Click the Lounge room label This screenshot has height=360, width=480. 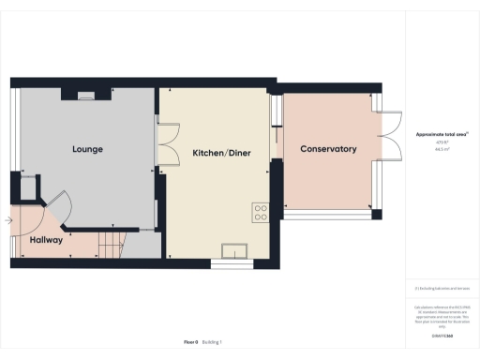coord(87,149)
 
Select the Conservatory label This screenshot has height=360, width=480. coord(328,149)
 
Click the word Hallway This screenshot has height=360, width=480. coord(46,241)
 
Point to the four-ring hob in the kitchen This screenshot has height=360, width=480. coord(260,212)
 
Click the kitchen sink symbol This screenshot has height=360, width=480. coord(232,249)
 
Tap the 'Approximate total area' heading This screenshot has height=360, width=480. coord(441,135)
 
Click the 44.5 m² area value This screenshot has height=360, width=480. coord(441,148)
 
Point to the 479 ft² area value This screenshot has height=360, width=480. coord(441,142)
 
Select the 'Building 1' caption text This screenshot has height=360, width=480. coord(214,342)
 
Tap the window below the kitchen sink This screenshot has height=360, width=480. coord(232,263)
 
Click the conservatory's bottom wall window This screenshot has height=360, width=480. coord(329,216)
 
